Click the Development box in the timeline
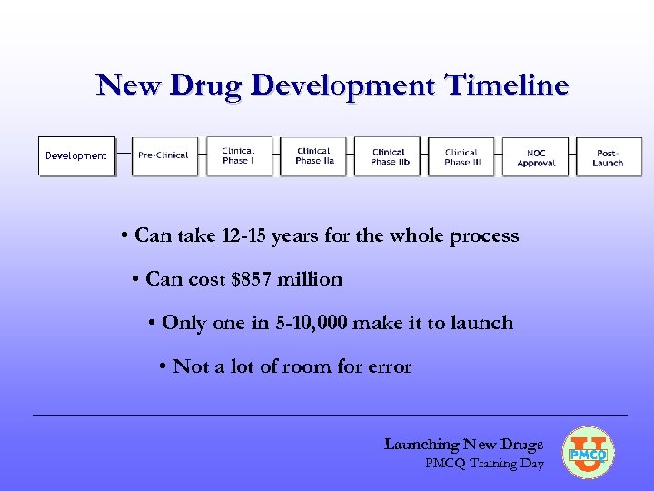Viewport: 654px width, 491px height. pos(76,155)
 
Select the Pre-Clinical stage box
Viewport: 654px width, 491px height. pos(163,155)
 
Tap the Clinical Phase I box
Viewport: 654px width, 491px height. pos(238,155)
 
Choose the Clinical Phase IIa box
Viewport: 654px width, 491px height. pos(314,155)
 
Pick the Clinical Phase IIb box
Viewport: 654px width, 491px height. pos(389,156)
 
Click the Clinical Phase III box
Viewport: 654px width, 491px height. pos(462,156)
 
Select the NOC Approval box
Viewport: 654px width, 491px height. pos(536,157)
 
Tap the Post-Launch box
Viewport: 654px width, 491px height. pos(608,157)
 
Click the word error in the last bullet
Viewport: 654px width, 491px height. pos(389,367)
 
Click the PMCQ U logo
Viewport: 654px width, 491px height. pos(589,452)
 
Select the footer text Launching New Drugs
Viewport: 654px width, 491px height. pos(463,445)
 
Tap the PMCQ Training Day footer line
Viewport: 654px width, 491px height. pos(484,464)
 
